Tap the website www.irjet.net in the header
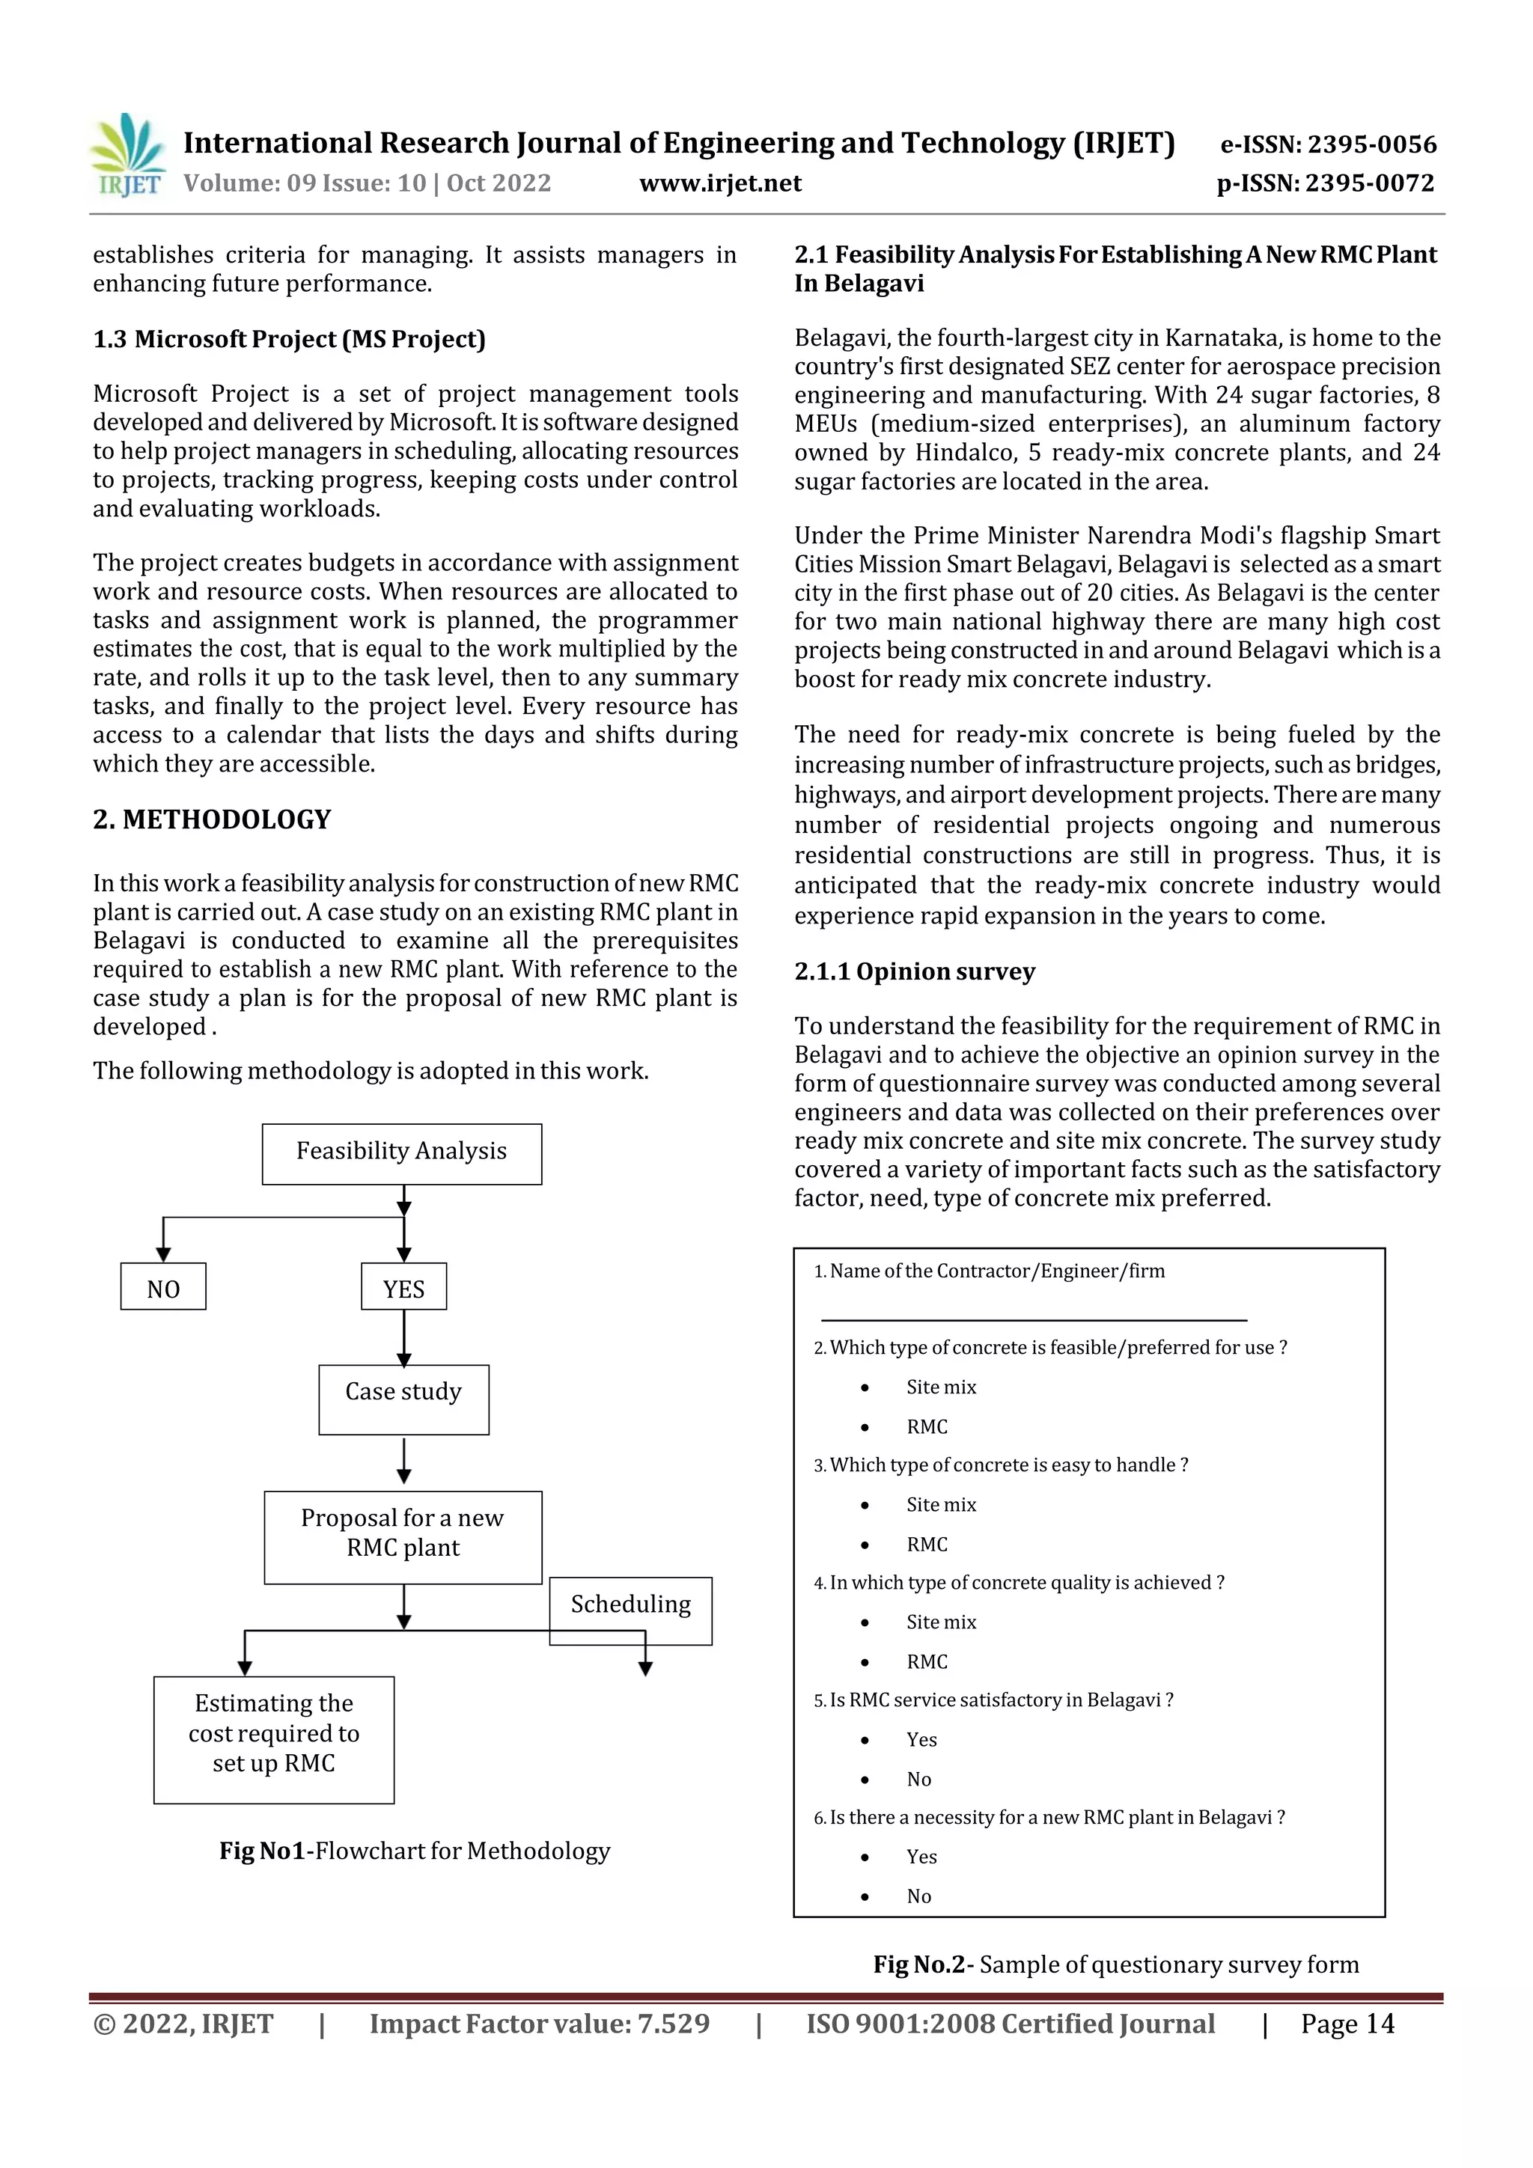click(x=720, y=183)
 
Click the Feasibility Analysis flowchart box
click(x=401, y=1153)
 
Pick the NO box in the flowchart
click(x=162, y=1287)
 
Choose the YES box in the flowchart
click(x=403, y=1287)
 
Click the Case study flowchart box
click(x=403, y=1399)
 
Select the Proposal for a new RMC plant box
click(x=403, y=1537)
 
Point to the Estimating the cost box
click(x=274, y=1739)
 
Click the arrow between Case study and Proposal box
click(x=404, y=1462)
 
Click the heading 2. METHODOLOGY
click(x=212, y=819)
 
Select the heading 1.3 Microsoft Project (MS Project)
click(x=289, y=339)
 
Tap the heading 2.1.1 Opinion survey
click(x=914, y=971)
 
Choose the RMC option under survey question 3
click(x=927, y=1544)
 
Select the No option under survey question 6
click(x=918, y=1896)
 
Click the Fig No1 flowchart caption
click(x=415, y=1851)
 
